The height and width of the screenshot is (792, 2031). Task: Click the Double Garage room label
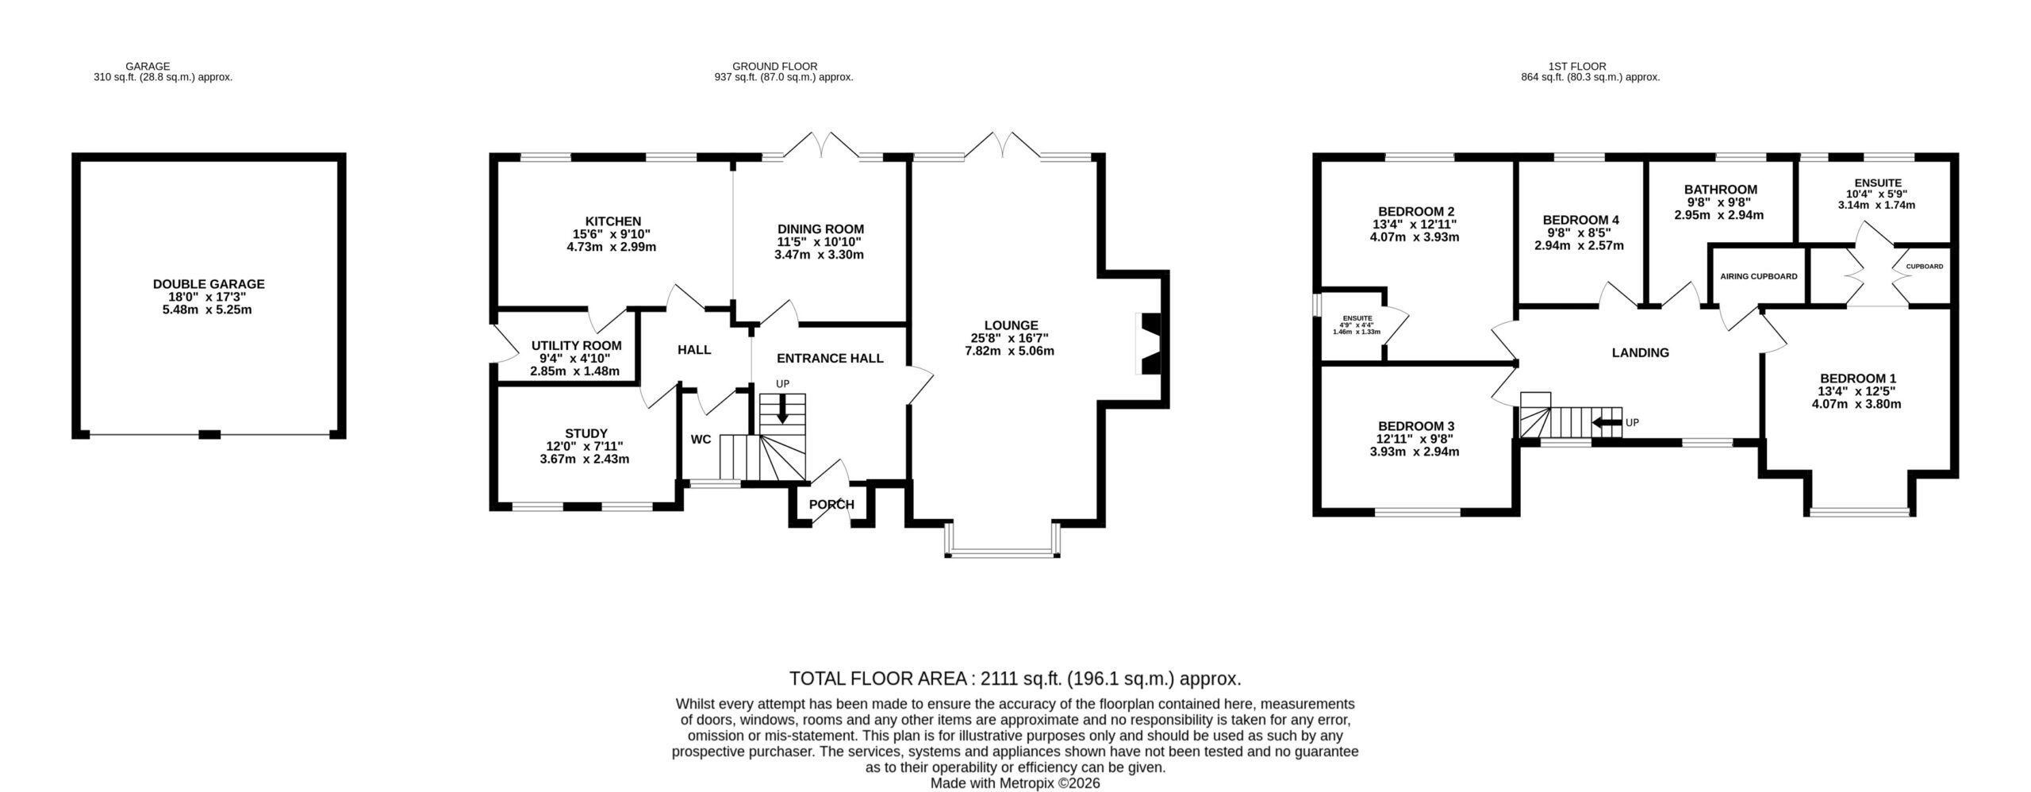pos(209,283)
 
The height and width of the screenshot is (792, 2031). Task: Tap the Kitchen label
pos(612,221)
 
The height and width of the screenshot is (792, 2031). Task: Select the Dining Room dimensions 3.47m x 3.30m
pos(819,255)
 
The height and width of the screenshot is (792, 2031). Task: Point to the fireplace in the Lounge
pos(1150,344)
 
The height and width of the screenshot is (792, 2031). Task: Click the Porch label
pos(831,504)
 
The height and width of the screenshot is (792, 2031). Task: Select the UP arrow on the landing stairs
pos(1607,422)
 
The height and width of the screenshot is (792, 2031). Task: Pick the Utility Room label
pos(576,346)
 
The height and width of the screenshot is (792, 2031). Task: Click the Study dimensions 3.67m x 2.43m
pos(585,459)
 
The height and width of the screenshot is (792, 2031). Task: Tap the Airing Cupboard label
pos(1759,277)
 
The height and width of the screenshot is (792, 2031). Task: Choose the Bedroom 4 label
pos(1580,220)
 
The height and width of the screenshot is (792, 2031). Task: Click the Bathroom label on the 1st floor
pos(1721,190)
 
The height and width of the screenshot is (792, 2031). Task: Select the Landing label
pos(1640,352)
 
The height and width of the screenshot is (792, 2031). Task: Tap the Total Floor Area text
pos(1015,679)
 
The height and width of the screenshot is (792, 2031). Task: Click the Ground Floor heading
pos(774,66)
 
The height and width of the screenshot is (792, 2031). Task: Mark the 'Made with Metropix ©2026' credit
pos(1015,782)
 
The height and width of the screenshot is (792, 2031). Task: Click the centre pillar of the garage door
pos(209,433)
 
